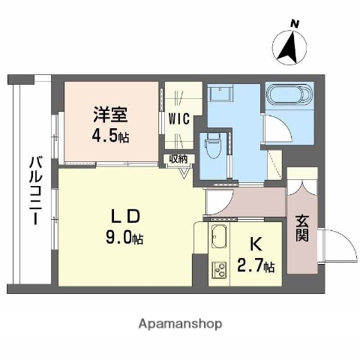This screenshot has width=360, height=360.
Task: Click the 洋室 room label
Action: click(110, 114)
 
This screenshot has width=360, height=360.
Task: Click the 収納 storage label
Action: click(178, 158)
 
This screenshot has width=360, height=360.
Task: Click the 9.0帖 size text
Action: click(124, 239)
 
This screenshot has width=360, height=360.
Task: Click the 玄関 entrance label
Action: click(301, 230)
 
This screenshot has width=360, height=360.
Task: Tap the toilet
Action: click(212, 143)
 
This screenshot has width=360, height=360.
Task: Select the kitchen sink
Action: click(218, 236)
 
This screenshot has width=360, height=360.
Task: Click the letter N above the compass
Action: click(295, 24)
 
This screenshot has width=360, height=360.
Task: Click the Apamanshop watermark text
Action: click(179, 324)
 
